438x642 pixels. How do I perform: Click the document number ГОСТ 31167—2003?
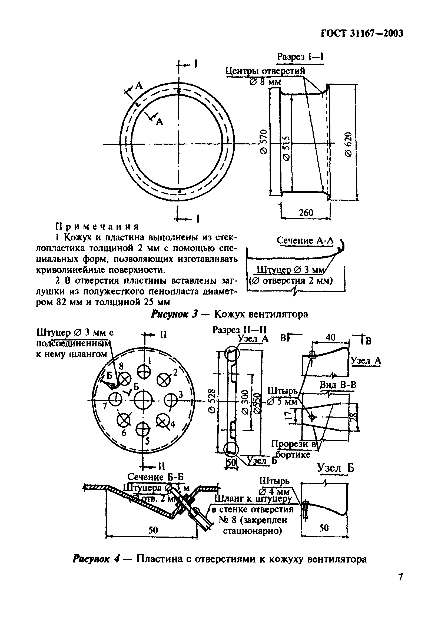[x=362, y=34]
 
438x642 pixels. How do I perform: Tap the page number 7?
[x=400, y=578]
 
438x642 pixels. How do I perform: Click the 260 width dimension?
[x=306, y=213]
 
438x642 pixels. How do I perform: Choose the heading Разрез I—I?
[x=300, y=57]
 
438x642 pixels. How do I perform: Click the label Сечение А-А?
[x=305, y=240]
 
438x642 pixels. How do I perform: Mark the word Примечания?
[x=97, y=227]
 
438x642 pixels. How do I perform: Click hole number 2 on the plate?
[x=164, y=380]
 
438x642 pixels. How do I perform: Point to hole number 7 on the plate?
[x=115, y=399]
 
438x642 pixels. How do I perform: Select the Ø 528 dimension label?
[x=212, y=401]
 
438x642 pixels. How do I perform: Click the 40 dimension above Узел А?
[x=330, y=337]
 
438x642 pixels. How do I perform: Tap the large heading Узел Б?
[x=335, y=468]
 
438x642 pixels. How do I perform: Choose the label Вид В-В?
[x=338, y=385]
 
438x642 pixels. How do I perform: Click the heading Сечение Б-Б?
[x=155, y=477]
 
